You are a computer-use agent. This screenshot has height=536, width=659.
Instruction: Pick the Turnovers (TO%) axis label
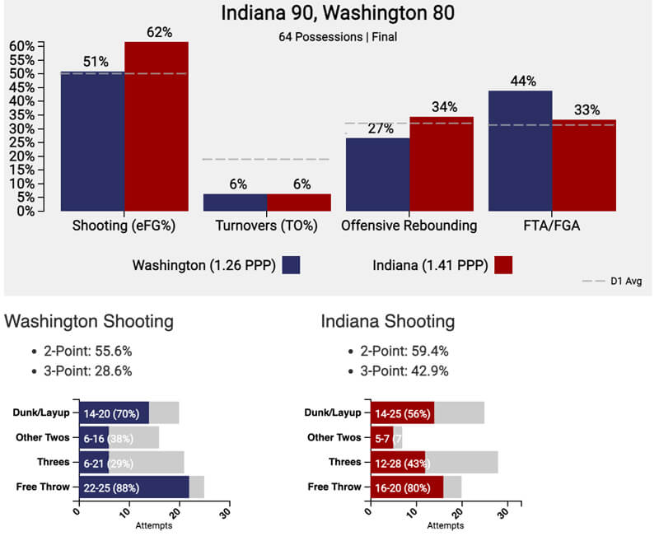click(267, 225)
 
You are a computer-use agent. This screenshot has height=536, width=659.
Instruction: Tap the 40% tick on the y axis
click(22, 100)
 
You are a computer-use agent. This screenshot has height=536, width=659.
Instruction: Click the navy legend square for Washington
click(291, 264)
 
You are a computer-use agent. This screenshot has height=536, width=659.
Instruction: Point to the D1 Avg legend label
click(626, 282)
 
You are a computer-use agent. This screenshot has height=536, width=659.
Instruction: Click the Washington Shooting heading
click(89, 320)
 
